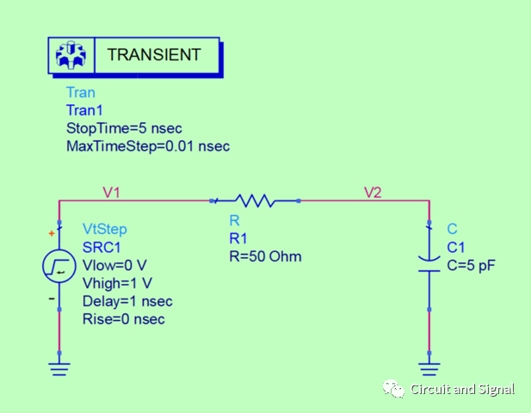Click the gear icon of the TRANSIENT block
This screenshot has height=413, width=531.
71,56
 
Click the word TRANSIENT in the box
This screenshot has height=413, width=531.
153,55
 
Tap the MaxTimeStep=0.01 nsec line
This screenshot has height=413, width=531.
147,146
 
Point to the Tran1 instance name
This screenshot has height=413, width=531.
83,110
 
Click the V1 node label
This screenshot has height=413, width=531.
111,193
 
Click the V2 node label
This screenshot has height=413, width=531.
372,193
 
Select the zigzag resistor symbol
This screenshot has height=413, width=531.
256,201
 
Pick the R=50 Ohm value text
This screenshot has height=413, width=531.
265,256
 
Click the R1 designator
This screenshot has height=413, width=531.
238,238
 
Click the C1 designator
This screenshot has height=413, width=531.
456,248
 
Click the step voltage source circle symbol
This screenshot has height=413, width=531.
59,268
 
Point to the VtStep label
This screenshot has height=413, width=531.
104,229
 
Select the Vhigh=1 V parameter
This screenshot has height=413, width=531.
117,283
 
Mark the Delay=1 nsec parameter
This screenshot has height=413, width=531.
127,301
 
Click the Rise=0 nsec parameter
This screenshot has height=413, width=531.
123,319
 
